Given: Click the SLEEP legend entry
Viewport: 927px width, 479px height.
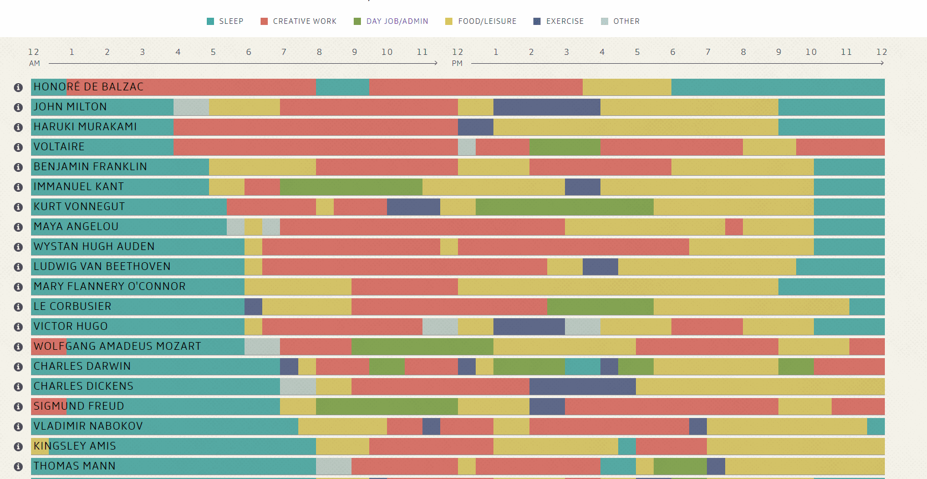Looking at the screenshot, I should point(225,22).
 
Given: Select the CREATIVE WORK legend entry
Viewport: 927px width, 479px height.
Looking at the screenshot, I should point(299,22).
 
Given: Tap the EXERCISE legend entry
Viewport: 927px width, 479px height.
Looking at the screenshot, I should point(559,22).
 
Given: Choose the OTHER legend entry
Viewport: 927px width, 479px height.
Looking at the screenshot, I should point(620,22).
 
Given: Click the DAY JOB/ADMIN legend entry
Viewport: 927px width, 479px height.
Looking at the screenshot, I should point(391,22).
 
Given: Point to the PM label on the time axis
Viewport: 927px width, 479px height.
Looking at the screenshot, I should point(457,64).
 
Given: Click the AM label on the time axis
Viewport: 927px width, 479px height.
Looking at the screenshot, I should point(34,64).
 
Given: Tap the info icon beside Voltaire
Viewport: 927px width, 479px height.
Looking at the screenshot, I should point(18,147).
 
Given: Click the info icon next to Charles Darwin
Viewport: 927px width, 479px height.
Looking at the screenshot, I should point(18,367).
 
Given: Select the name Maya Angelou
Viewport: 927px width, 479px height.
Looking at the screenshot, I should point(76,227).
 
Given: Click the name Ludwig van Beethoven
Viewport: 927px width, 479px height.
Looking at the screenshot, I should point(102,267).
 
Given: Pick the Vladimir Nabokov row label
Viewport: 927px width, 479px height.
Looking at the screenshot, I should point(88,426).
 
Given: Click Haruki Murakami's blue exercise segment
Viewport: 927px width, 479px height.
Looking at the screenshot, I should point(475,127).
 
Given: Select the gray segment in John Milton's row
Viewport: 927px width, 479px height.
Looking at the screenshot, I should point(191,107).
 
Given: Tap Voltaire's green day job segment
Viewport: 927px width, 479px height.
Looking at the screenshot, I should point(565,147).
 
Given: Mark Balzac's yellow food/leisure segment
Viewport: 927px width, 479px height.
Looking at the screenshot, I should point(627,87).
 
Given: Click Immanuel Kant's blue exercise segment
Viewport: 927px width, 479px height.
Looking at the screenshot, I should point(582,187).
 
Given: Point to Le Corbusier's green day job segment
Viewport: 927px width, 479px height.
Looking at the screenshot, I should point(600,307).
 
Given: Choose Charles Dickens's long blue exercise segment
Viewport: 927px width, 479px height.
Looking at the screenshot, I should point(582,386).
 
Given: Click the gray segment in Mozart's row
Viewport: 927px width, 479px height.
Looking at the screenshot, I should point(262,346).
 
